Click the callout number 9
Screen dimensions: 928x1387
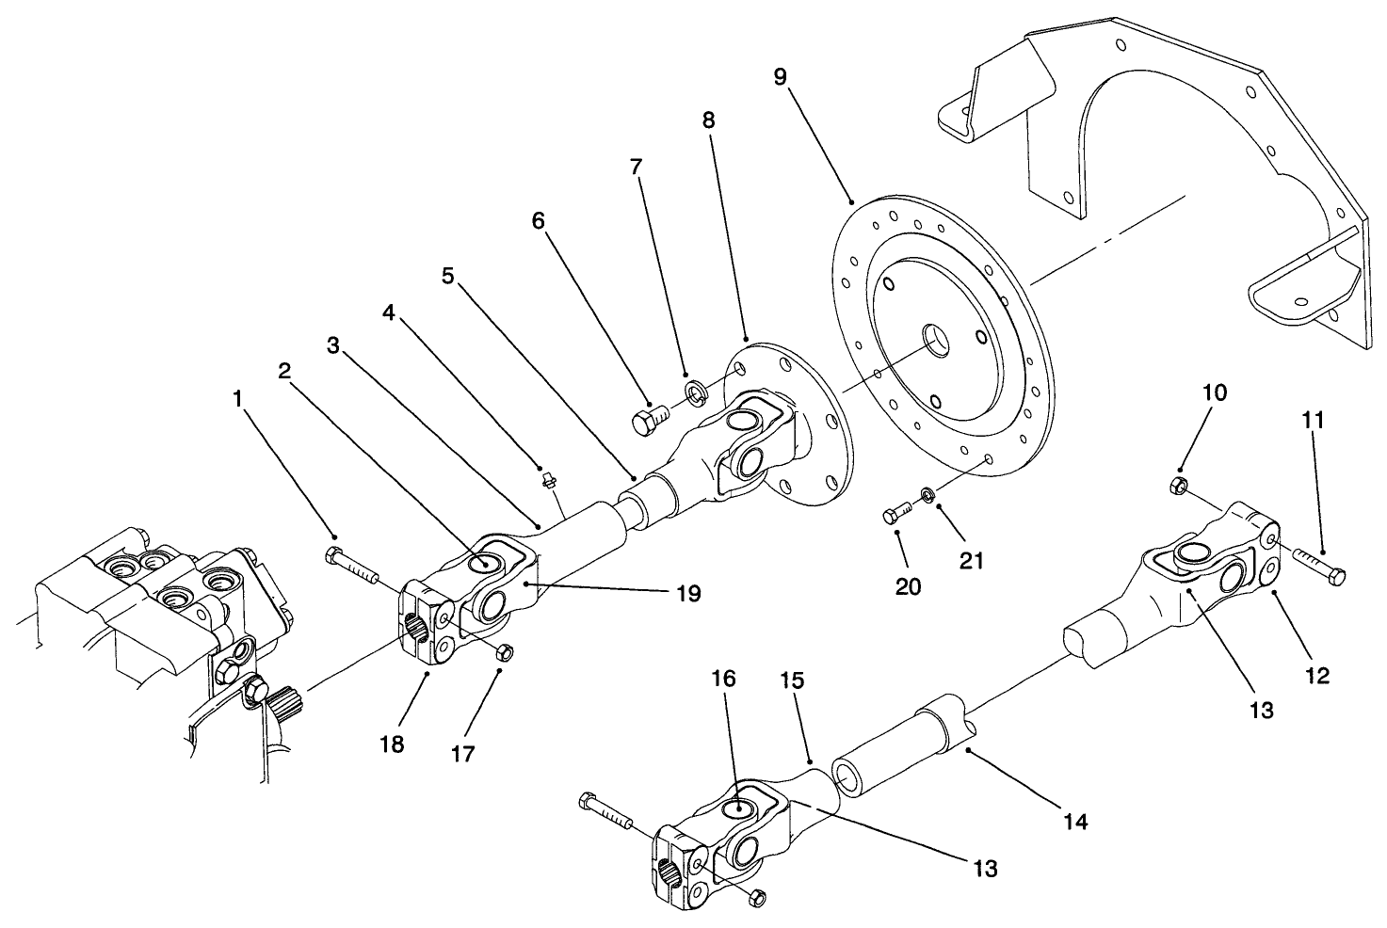coord(780,76)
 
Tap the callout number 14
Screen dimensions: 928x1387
coord(1075,822)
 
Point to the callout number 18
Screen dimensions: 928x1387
coord(392,744)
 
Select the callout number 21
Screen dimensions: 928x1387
coord(971,561)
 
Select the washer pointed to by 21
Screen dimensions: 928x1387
coord(927,494)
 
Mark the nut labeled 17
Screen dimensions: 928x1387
coord(503,651)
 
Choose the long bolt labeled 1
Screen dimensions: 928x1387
coord(349,563)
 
